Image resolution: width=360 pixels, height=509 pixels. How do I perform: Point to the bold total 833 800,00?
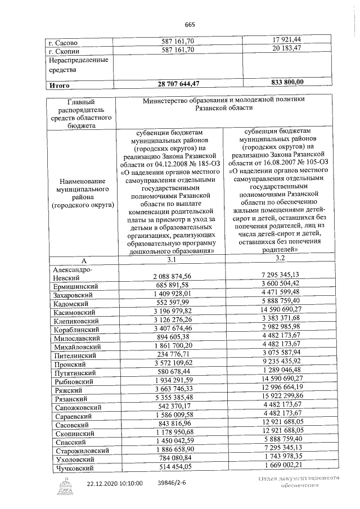[280, 82]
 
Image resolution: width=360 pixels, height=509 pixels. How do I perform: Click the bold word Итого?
[60, 86]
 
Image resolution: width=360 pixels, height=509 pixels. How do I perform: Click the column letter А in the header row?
[83, 261]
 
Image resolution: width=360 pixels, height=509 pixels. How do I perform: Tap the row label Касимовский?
[75, 312]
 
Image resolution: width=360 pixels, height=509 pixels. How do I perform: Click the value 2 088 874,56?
[172, 276]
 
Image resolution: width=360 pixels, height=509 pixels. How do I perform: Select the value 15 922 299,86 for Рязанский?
[278, 397]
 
